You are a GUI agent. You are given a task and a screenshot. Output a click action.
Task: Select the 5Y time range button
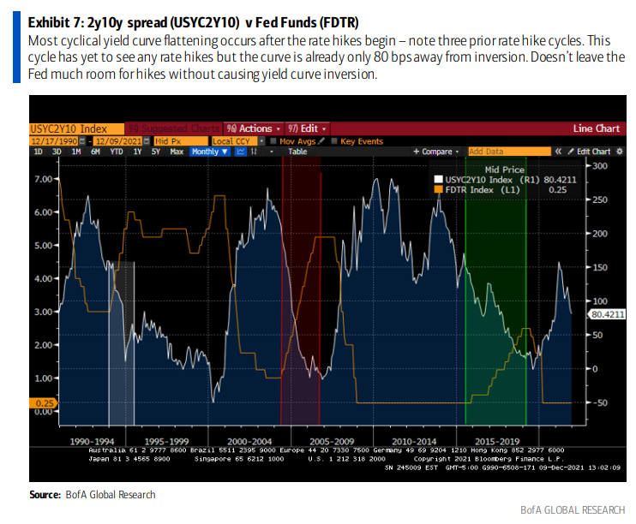point(156,152)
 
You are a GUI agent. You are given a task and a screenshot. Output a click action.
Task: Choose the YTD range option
point(117,152)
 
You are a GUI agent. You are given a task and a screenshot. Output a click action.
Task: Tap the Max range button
point(177,152)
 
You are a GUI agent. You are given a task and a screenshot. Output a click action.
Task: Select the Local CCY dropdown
point(233,140)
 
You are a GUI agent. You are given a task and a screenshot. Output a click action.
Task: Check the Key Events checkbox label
point(360,140)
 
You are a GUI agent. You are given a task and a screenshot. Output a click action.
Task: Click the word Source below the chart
point(44,495)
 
